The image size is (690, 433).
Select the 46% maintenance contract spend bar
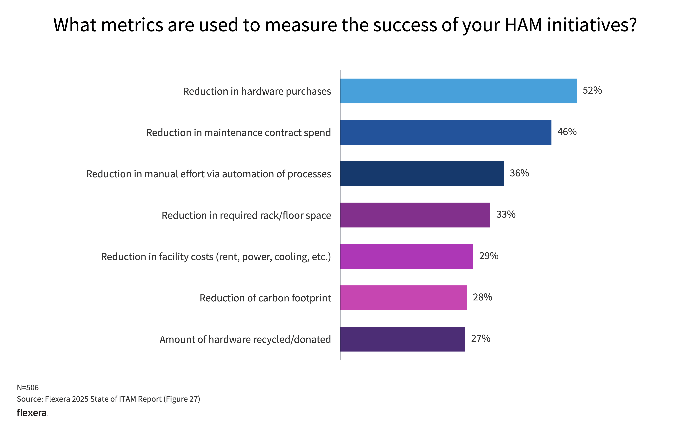click(x=446, y=132)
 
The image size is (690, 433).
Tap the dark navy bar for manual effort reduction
click(x=422, y=174)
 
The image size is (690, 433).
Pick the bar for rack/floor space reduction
click(x=415, y=215)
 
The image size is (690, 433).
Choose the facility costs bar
click(x=407, y=256)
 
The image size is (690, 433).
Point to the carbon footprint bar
click(x=403, y=298)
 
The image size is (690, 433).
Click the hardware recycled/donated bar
click(x=403, y=339)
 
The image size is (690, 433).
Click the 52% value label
click(x=592, y=90)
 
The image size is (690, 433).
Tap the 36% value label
click(x=519, y=173)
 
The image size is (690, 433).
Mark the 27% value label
click(x=480, y=339)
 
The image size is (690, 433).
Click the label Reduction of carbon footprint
click(x=265, y=298)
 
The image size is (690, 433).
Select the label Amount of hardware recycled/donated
click(x=245, y=339)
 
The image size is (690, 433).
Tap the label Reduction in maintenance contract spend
click(x=238, y=133)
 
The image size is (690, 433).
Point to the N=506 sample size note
click(x=28, y=388)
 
